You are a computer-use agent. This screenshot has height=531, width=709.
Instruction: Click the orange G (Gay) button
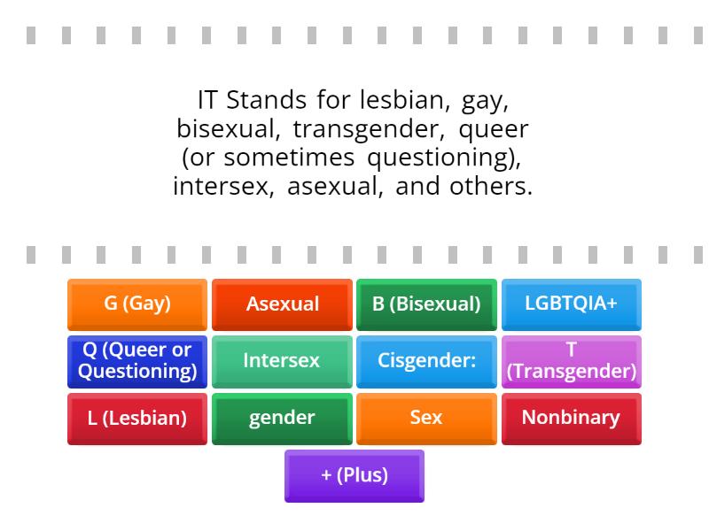point(137,304)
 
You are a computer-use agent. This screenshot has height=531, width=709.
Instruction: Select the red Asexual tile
point(282,304)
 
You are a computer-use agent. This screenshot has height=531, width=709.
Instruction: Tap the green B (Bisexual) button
point(426,304)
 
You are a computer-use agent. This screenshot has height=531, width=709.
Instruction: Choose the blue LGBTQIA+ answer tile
point(571,304)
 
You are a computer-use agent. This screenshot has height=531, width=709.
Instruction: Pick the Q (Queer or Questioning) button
point(137,361)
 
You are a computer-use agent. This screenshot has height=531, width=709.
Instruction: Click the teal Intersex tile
point(282,361)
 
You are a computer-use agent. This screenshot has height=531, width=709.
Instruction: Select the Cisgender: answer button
point(426,361)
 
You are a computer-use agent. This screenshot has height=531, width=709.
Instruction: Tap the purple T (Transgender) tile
point(571,361)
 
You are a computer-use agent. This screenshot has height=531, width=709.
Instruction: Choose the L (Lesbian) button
point(137,418)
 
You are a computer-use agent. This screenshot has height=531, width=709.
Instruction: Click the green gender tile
point(282,418)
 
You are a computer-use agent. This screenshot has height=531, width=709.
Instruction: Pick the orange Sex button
point(426,418)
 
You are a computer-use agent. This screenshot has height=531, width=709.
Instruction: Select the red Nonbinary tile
point(571,418)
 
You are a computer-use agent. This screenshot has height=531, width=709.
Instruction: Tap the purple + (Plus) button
point(354,475)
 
